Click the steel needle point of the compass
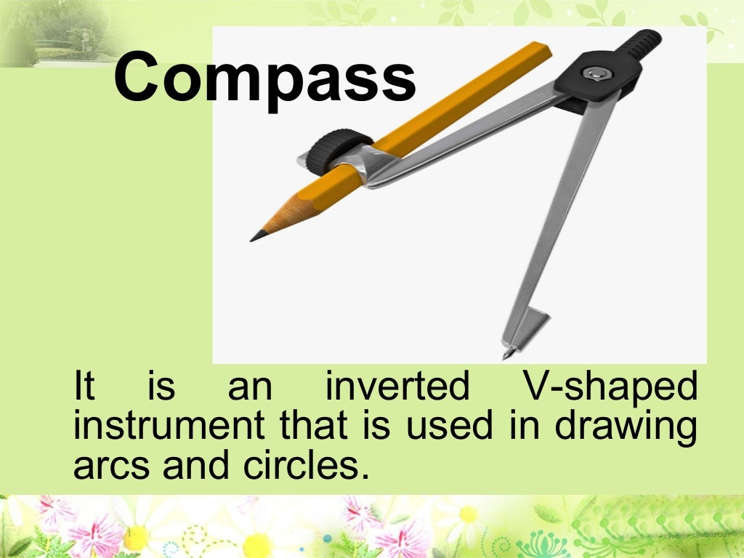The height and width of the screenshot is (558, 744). click(507, 354)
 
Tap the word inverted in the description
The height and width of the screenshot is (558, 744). click(397, 387)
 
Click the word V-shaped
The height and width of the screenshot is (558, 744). click(610, 388)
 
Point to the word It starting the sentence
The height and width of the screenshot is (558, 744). click(84, 387)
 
